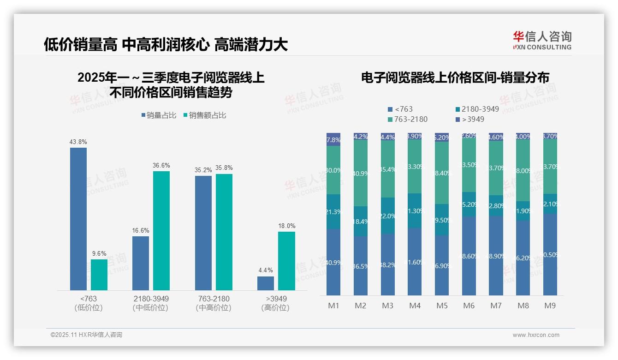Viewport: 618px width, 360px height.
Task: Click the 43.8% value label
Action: coord(78,142)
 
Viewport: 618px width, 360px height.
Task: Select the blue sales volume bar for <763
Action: coord(78,219)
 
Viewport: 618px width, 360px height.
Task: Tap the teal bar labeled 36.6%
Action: coord(161,230)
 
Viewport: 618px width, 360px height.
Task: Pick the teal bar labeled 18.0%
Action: coord(286,261)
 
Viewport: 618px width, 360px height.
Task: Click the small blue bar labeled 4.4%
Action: coord(266,283)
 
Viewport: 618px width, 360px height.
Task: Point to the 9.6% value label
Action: coord(99,253)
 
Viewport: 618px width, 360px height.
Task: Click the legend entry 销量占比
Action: coord(159,115)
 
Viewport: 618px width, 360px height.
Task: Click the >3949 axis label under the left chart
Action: coord(276,299)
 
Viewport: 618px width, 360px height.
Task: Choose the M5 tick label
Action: coord(442,306)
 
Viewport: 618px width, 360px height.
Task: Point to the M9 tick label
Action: coord(550,306)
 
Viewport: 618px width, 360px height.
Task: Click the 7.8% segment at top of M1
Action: coord(333,139)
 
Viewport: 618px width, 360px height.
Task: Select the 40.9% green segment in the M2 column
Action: coord(361,173)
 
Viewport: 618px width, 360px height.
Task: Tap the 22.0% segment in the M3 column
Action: coord(388,216)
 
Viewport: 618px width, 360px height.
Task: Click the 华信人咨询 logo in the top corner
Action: coord(542,40)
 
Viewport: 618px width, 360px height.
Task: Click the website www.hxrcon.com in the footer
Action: coord(536,335)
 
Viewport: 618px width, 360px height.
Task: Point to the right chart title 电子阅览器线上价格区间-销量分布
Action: coord(455,78)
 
